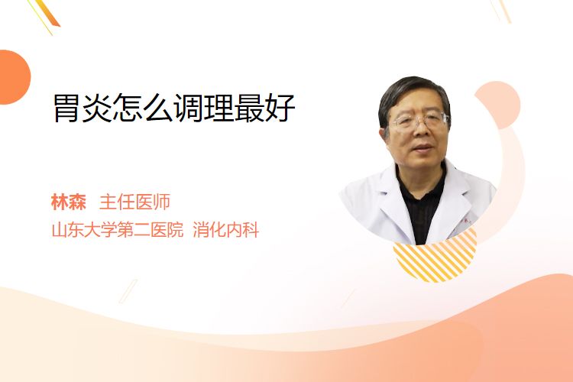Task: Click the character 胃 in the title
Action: tap(67, 108)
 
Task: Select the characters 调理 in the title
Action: tap(203, 108)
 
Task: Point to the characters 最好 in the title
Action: tap(264, 108)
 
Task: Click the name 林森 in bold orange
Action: tap(69, 202)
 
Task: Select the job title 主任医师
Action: tap(134, 202)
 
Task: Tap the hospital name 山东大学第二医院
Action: tap(118, 230)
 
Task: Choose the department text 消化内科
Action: tap(226, 230)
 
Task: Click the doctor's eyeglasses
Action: tap(420, 121)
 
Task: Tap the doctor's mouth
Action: tap(423, 149)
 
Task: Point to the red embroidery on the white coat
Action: tap(467, 222)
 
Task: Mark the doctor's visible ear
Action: tap(384, 134)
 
